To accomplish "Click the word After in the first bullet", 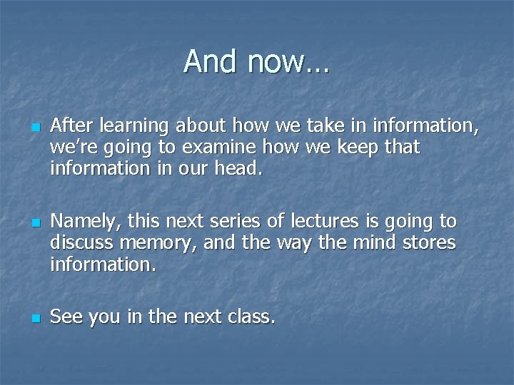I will (72, 126).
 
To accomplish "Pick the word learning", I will (133, 128).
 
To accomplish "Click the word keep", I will (345, 148).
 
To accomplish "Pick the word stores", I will (428, 243).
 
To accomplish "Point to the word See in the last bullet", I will (66, 317).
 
